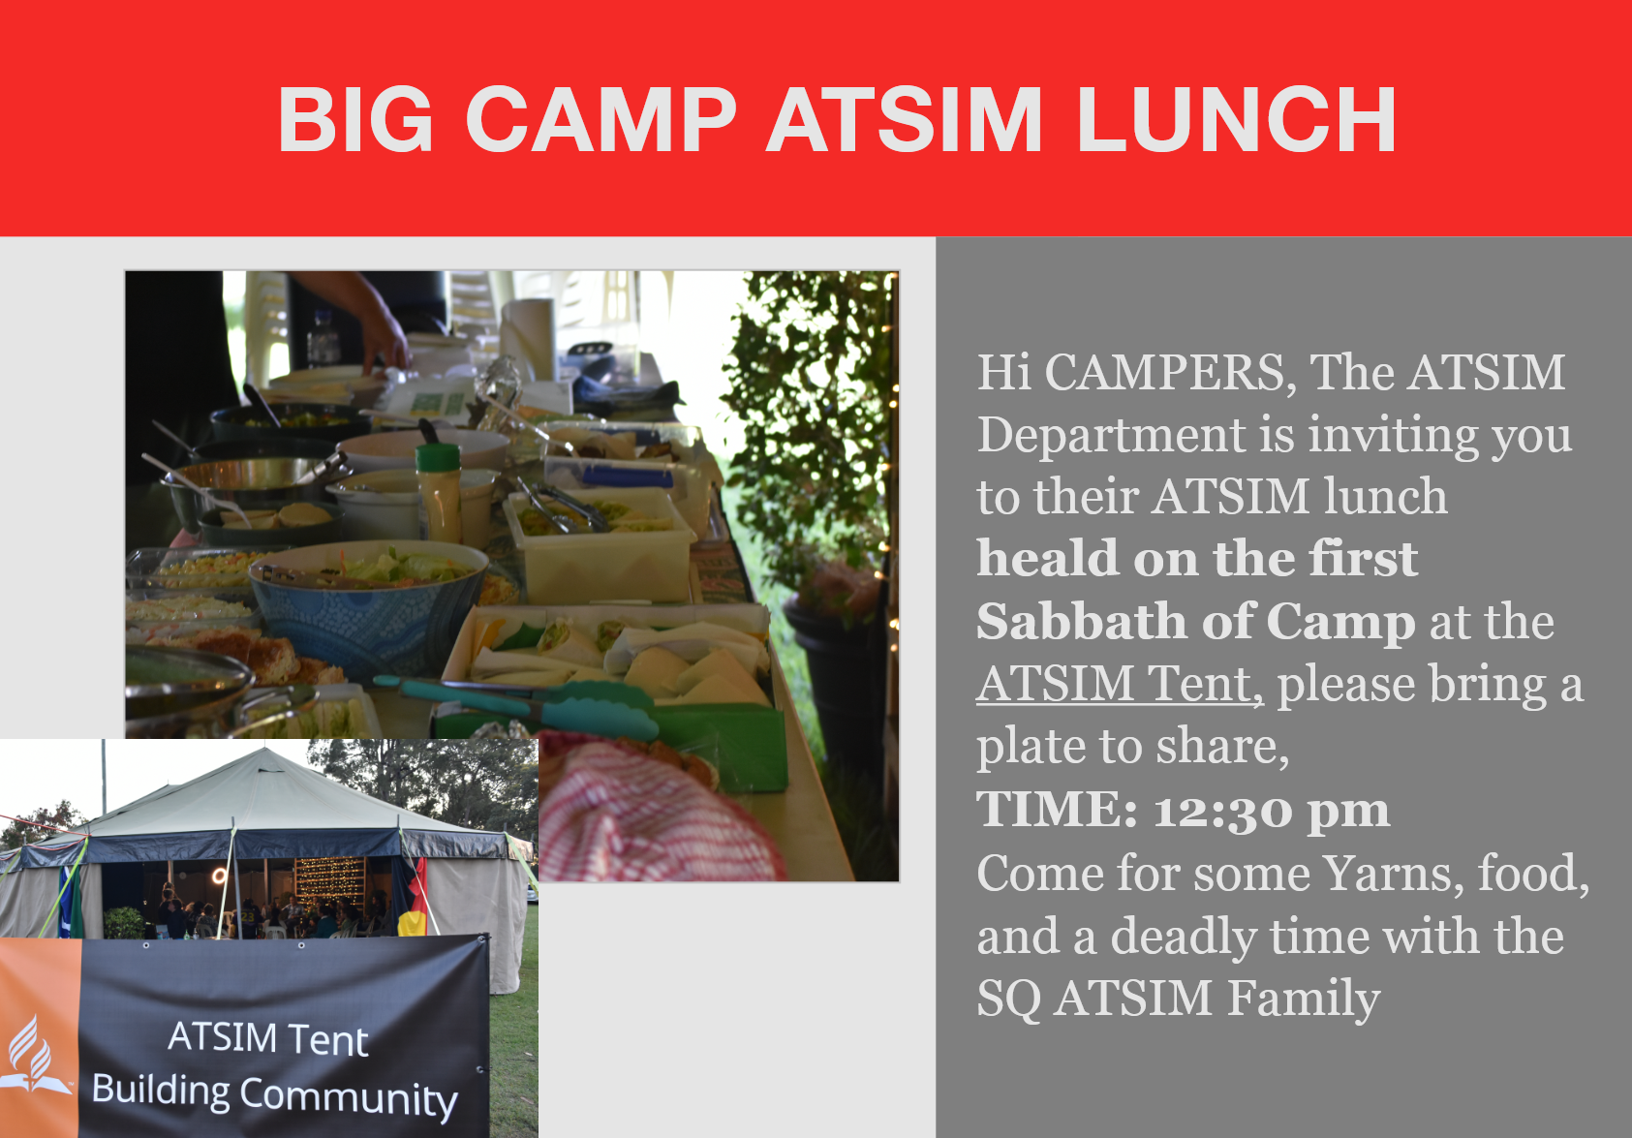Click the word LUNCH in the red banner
pos(1236,119)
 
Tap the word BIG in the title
pos(355,119)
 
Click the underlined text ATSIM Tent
pos(1119,684)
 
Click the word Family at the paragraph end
pos(1304,999)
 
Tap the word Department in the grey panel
pos(1112,437)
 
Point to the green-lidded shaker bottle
pos(439,494)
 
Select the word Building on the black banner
pos(161,1091)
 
